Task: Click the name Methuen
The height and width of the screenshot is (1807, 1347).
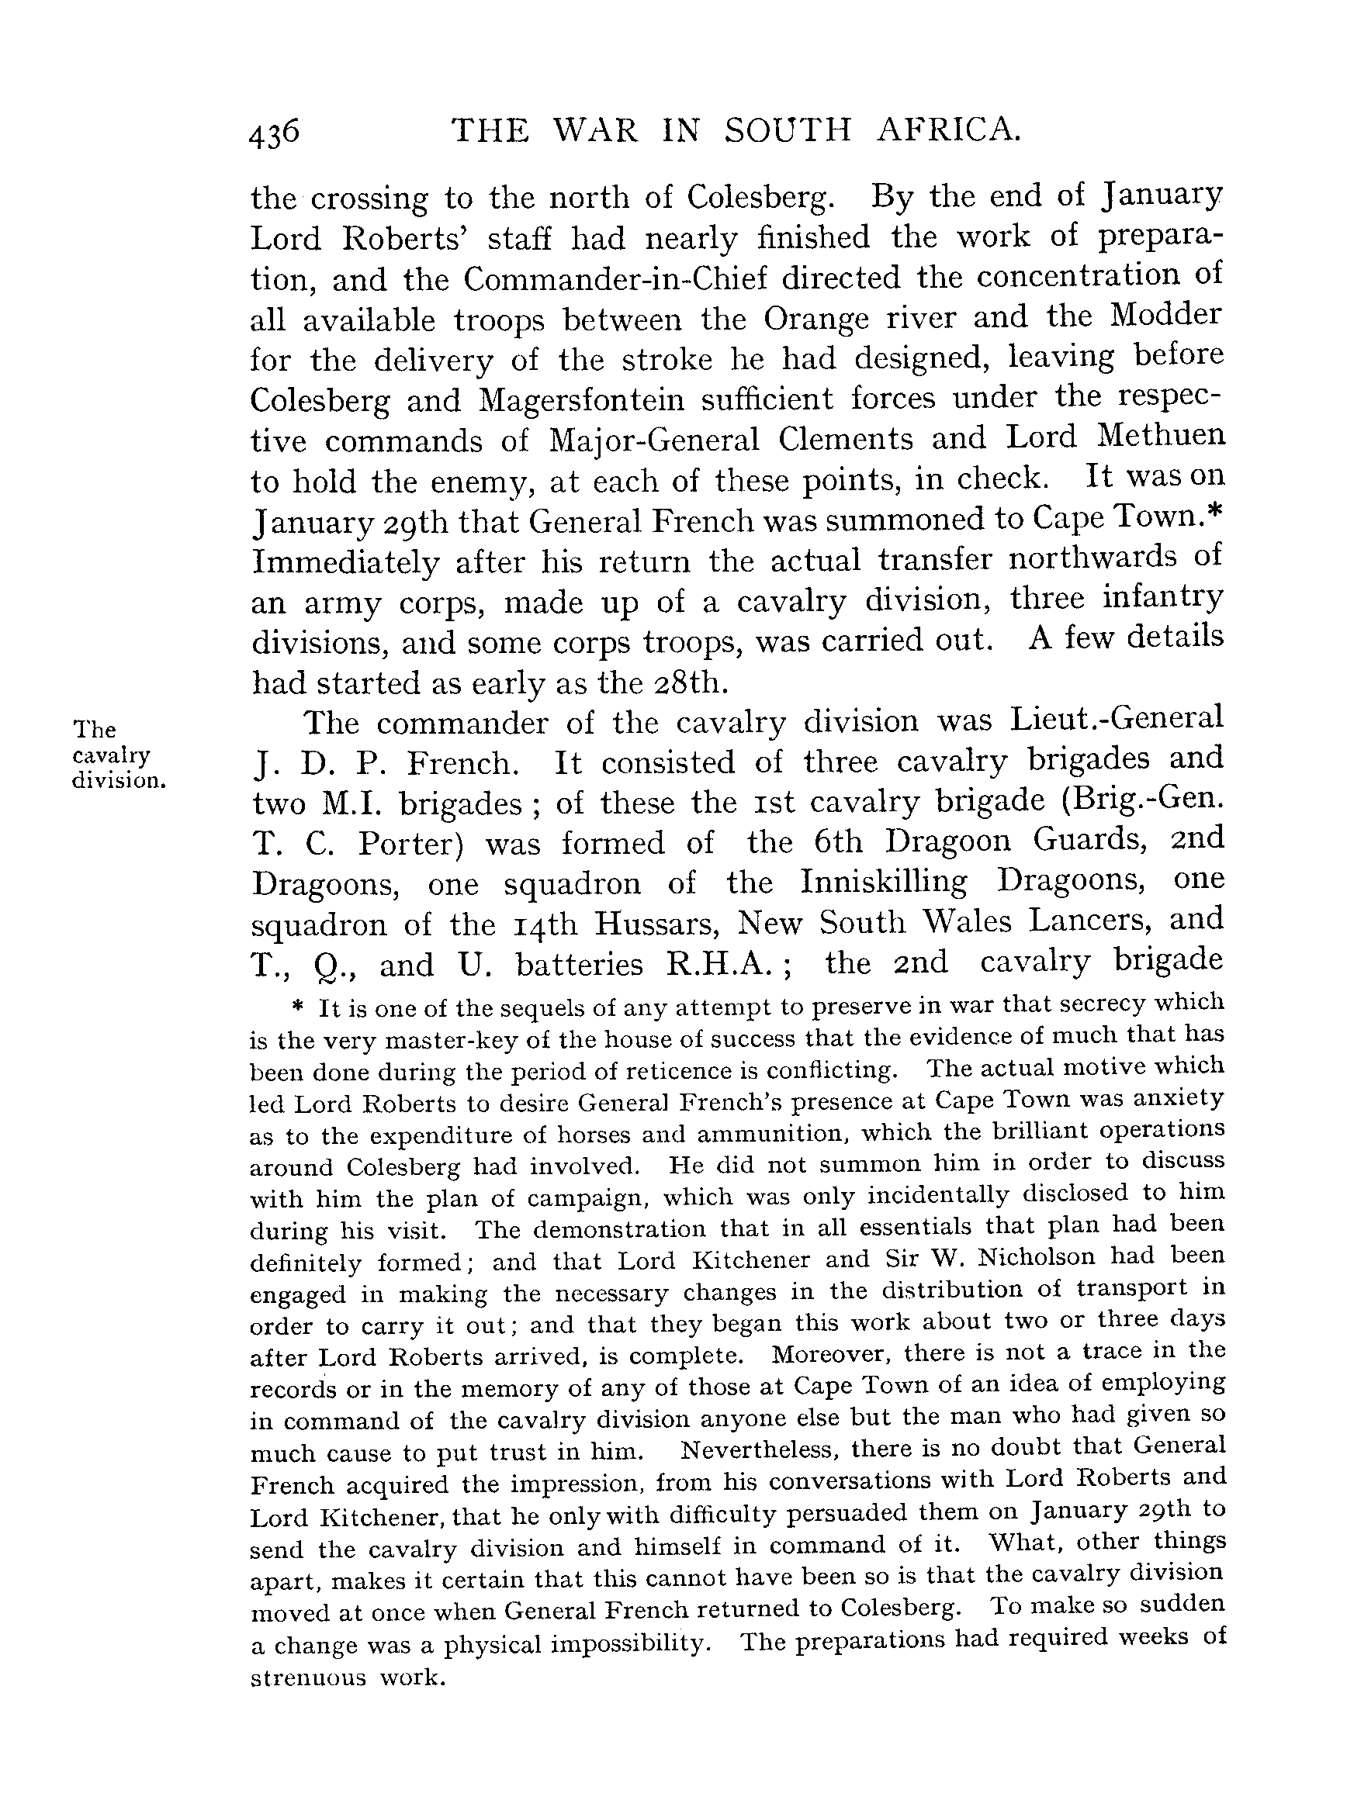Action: [x=1162, y=435]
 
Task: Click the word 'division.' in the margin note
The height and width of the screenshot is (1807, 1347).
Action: [x=119, y=780]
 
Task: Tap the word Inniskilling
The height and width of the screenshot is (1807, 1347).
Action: [x=884, y=881]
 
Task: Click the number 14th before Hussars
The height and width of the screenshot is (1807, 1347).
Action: [x=545, y=924]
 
